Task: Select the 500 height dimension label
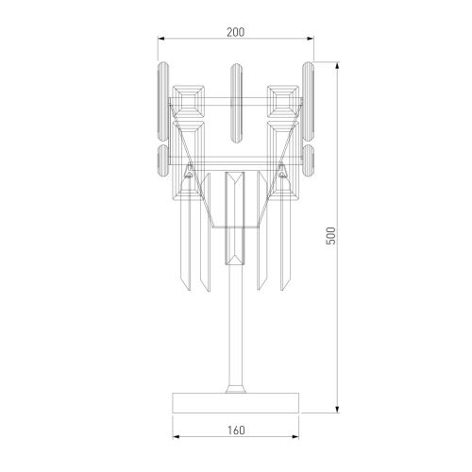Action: (x=330, y=236)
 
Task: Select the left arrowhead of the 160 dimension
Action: (x=177, y=440)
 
